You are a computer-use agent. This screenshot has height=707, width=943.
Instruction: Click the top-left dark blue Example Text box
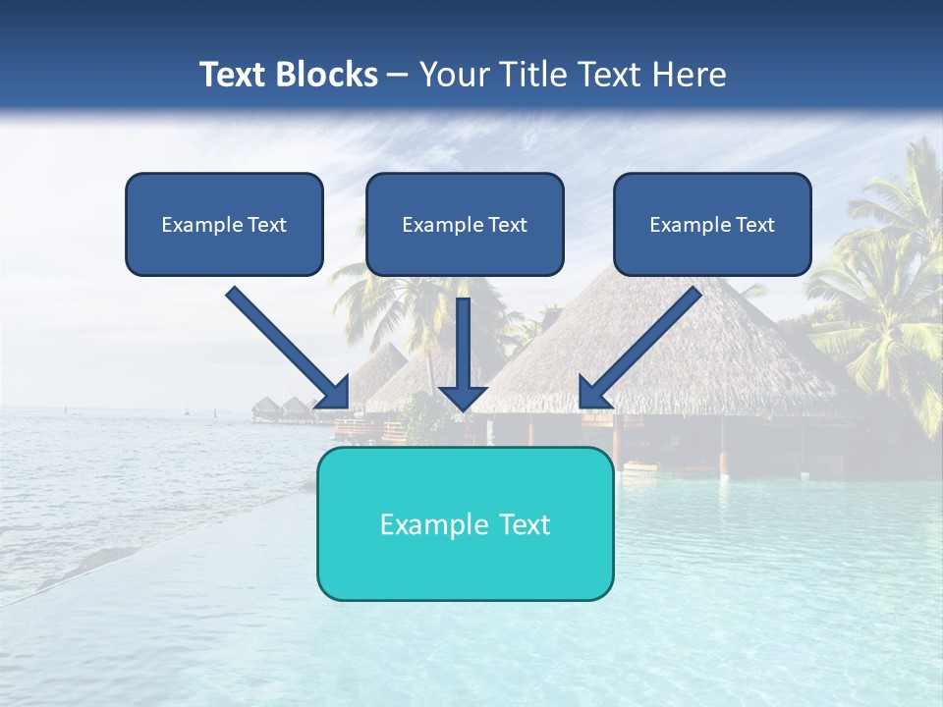tap(224, 225)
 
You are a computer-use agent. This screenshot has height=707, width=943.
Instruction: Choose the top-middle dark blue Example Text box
tap(465, 225)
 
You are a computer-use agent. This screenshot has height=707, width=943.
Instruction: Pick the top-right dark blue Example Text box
tap(712, 225)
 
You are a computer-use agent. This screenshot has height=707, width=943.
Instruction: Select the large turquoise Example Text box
tap(465, 524)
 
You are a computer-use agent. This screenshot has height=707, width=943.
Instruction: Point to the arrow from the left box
tap(280, 341)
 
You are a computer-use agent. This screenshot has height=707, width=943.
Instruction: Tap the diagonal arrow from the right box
tap(648, 339)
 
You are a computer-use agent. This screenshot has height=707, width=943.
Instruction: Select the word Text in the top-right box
tap(754, 225)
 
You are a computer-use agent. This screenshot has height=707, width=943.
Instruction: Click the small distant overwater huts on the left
tap(280, 408)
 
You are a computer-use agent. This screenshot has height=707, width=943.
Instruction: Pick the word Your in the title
tap(453, 75)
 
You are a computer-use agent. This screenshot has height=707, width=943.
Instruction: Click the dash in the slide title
tap(398, 76)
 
